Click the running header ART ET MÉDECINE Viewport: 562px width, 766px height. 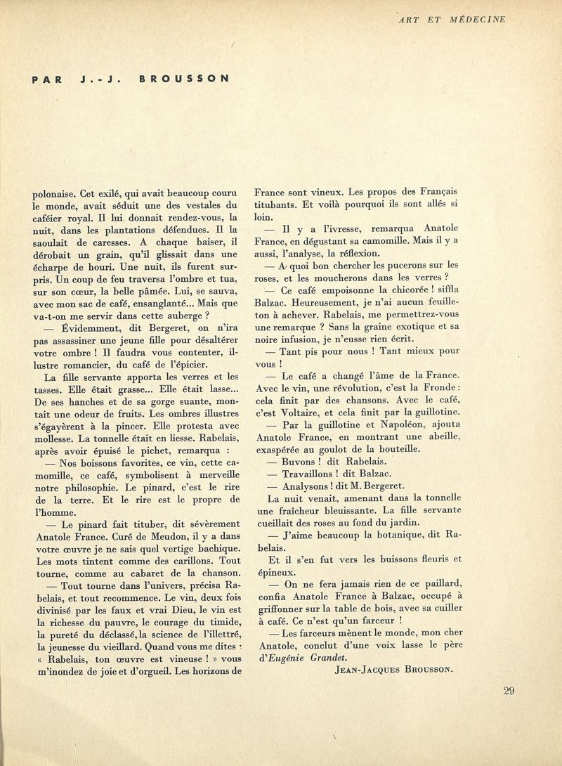click(x=452, y=19)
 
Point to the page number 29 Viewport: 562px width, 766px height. click(x=509, y=691)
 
